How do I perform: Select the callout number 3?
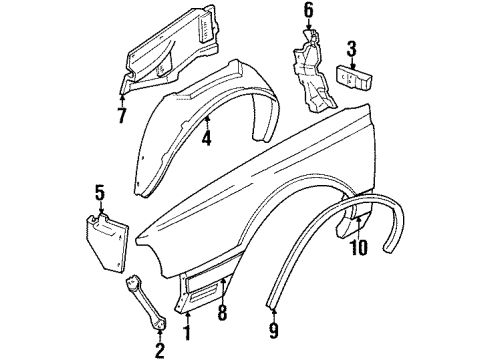coord(352,47)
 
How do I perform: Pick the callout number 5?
coord(99,192)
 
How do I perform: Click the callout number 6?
coord(308,12)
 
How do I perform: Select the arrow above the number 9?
coord(275,306)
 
